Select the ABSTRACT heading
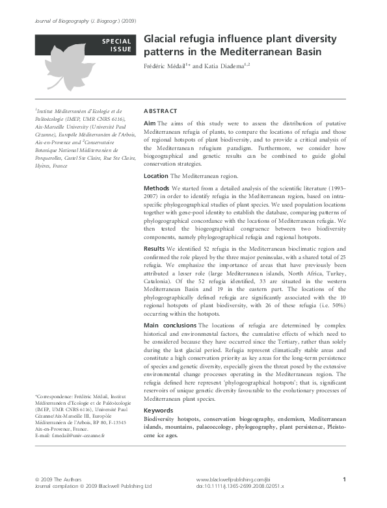pyautogui.click(x=160, y=111)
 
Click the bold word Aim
pyautogui.click(x=149, y=123)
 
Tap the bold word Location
pyautogui.click(x=156, y=176)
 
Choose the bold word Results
pyautogui.click(x=154, y=249)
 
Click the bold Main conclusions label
pyautogui.click(x=170, y=324)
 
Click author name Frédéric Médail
pyautogui.click(x=165, y=66)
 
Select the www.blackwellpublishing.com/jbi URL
pyautogui.click(x=232, y=479)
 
